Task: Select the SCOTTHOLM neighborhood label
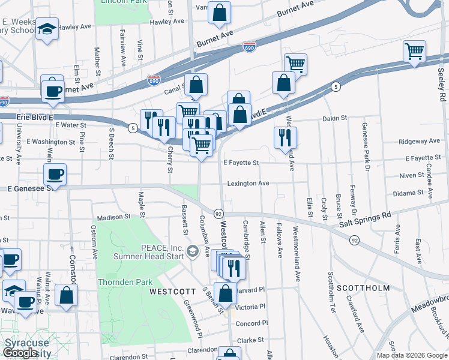tap(363, 288)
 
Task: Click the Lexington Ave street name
tap(248, 183)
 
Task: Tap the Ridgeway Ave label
tap(420, 142)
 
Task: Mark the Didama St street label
tap(408, 193)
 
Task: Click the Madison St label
tap(113, 217)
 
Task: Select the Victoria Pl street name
tap(250, 307)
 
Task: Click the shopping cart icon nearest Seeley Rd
tap(414, 52)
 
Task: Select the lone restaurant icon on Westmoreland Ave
tap(285, 137)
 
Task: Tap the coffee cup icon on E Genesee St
tap(54, 175)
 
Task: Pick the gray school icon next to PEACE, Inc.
tap(193, 250)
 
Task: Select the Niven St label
tap(412, 176)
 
